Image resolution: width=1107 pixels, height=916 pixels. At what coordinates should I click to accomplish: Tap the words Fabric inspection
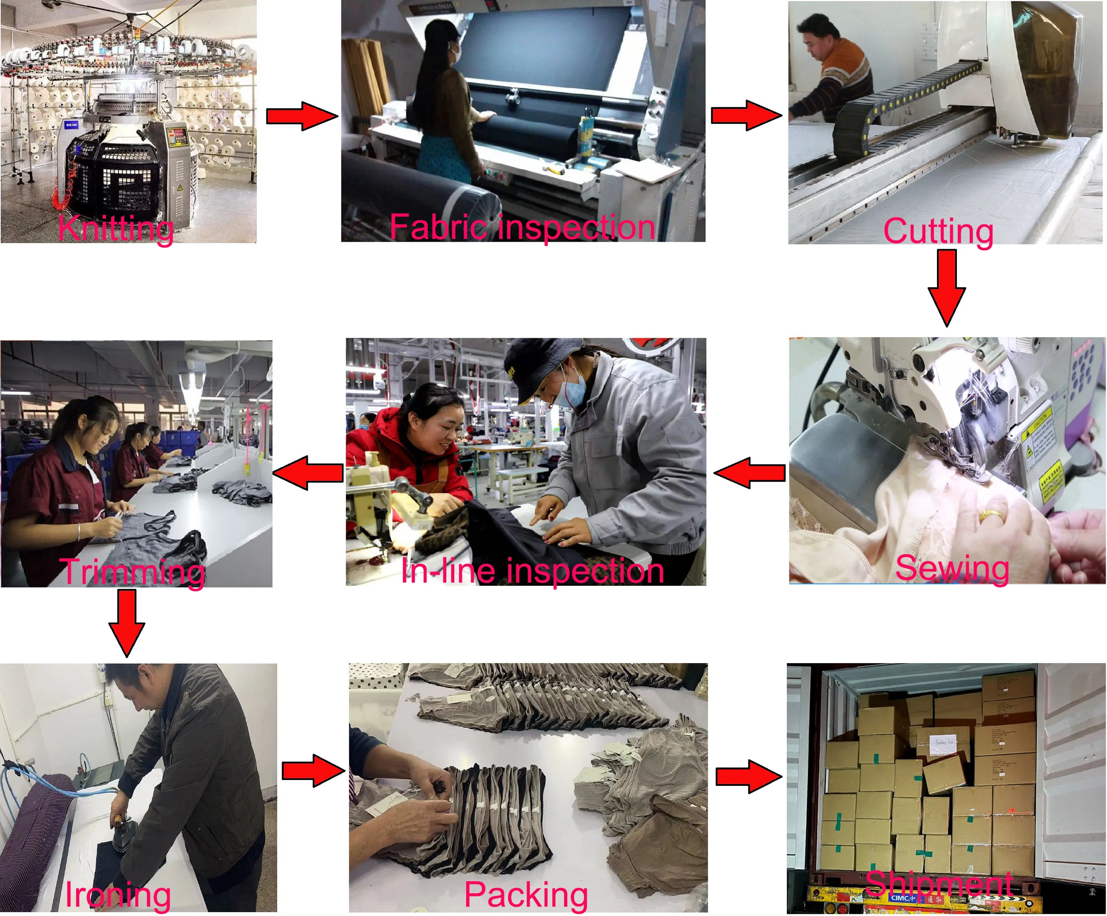pos(522,227)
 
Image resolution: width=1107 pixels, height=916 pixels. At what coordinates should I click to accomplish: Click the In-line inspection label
pos(532,570)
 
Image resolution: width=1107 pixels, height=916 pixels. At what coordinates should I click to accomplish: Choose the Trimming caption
pos(132,572)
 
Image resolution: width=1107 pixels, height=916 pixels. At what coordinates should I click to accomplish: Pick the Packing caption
pos(526,894)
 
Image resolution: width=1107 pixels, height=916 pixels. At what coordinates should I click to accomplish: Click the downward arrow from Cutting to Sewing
pos(947,287)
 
